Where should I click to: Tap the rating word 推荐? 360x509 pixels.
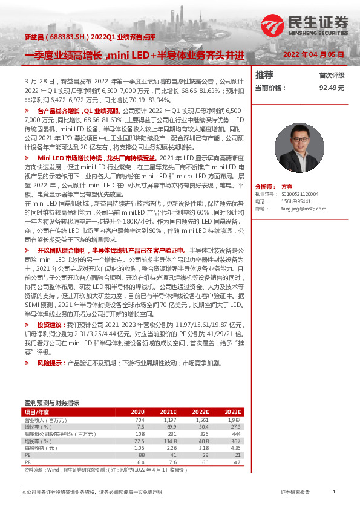[x=264, y=75]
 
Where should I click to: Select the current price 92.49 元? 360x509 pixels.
[x=332, y=88]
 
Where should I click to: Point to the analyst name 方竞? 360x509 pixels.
[x=287, y=187]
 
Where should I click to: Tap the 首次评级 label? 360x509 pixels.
[x=332, y=76]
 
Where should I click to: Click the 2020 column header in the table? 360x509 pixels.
[x=137, y=412]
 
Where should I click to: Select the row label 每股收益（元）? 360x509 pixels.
[x=41, y=448]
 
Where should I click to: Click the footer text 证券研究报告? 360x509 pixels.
[x=295, y=493]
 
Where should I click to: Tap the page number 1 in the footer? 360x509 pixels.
[x=334, y=492]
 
